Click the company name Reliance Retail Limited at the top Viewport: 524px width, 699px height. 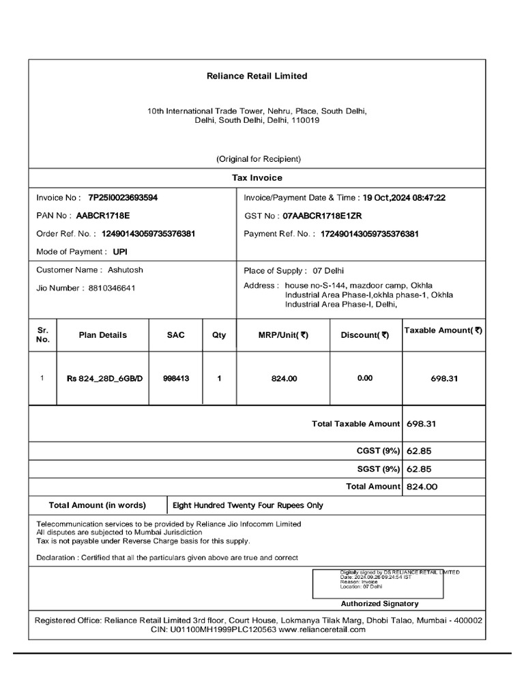(x=257, y=76)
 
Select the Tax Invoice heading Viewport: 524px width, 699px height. (x=257, y=177)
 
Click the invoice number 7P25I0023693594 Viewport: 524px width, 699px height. (x=123, y=197)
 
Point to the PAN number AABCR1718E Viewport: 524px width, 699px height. (x=102, y=216)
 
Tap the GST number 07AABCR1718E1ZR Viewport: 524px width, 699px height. (x=322, y=216)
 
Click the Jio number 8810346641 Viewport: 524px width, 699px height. (x=112, y=288)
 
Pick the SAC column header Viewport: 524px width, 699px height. (x=175, y=335)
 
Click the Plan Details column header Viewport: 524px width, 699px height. (x=103, y=335)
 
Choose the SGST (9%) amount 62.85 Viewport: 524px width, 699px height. (x=420, y=469)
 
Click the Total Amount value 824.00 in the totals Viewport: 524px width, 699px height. (x=422, y=487)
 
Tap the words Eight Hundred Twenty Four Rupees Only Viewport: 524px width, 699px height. (x=248, y=506)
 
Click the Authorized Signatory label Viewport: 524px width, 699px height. (x=380, y=603)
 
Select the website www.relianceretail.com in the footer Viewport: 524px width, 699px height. (x=322, y=629)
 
